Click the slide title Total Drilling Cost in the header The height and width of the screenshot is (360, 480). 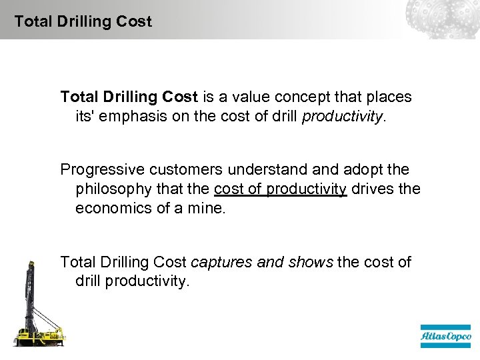[83, 21]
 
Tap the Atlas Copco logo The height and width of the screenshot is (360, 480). [445, 337]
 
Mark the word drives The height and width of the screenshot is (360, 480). [372, 189]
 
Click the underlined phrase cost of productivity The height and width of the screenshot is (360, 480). [280, 189]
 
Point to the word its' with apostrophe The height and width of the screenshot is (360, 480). [86, 116]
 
